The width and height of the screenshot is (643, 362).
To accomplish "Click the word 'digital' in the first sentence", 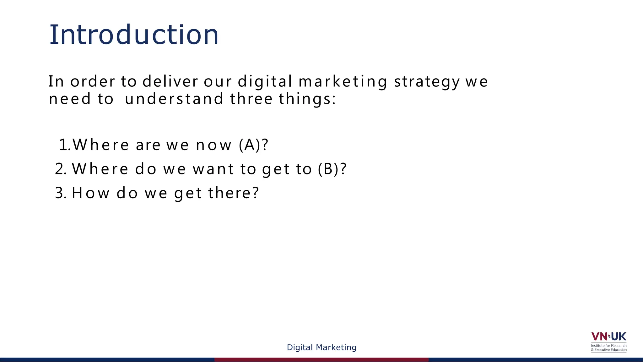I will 265,82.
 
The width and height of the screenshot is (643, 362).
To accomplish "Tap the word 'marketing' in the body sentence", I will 343,82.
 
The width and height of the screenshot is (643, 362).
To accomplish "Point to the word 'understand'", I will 174,99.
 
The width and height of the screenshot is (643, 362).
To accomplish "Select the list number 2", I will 60,169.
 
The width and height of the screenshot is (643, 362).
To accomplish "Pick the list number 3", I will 60,193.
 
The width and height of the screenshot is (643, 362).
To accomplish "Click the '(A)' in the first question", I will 250,145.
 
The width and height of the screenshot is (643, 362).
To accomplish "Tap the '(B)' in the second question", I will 328,169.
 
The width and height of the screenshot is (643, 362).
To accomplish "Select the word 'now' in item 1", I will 213,145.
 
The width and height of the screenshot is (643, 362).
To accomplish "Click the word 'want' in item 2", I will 213,169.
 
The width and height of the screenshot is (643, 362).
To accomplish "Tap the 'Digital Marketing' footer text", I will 321,347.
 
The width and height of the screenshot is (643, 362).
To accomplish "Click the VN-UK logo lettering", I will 608,337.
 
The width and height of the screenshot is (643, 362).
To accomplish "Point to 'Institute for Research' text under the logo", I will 608,345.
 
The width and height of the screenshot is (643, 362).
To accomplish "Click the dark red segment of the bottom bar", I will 321,359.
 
